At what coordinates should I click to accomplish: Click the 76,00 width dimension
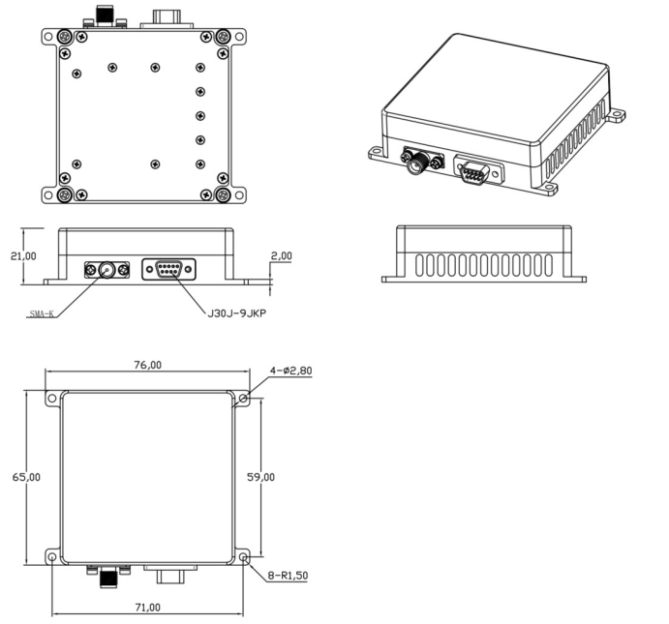pyautogui.click(x=147, y=365)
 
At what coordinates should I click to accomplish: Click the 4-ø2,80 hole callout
pyautogui.click(x=290, y=371)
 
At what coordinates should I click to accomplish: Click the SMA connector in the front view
pyautogui.click(x=106, y=270)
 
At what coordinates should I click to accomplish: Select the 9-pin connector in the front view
pyautogui.click(x=167, y=270)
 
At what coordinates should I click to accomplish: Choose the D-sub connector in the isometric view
pyautogui.click(x=473, y=173)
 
